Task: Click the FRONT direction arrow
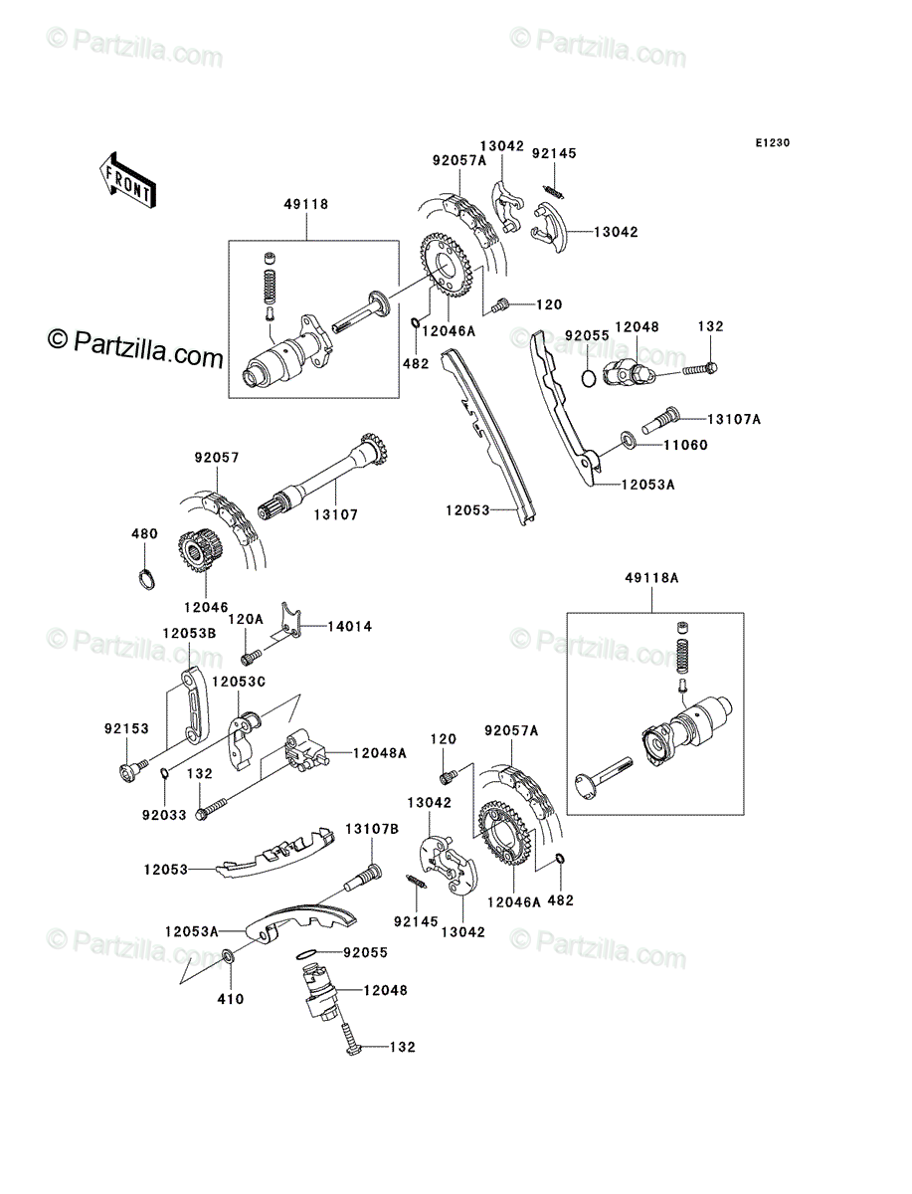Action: coord(127,180)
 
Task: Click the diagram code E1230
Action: coord(773,142)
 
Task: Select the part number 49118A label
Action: coord(651,578)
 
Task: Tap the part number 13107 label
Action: coord(336,514)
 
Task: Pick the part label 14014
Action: coord(349,626)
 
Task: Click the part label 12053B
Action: coord(190,633)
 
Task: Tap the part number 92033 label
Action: coord(164,815)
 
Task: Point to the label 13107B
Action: coord(372,829)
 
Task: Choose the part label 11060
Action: coord(685,445)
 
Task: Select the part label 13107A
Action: coord(734,419)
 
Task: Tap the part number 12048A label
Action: coord(379,753)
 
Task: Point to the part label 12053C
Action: coord(239,682)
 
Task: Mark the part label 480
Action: coord(144,533)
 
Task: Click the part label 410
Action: coord(231,999)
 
